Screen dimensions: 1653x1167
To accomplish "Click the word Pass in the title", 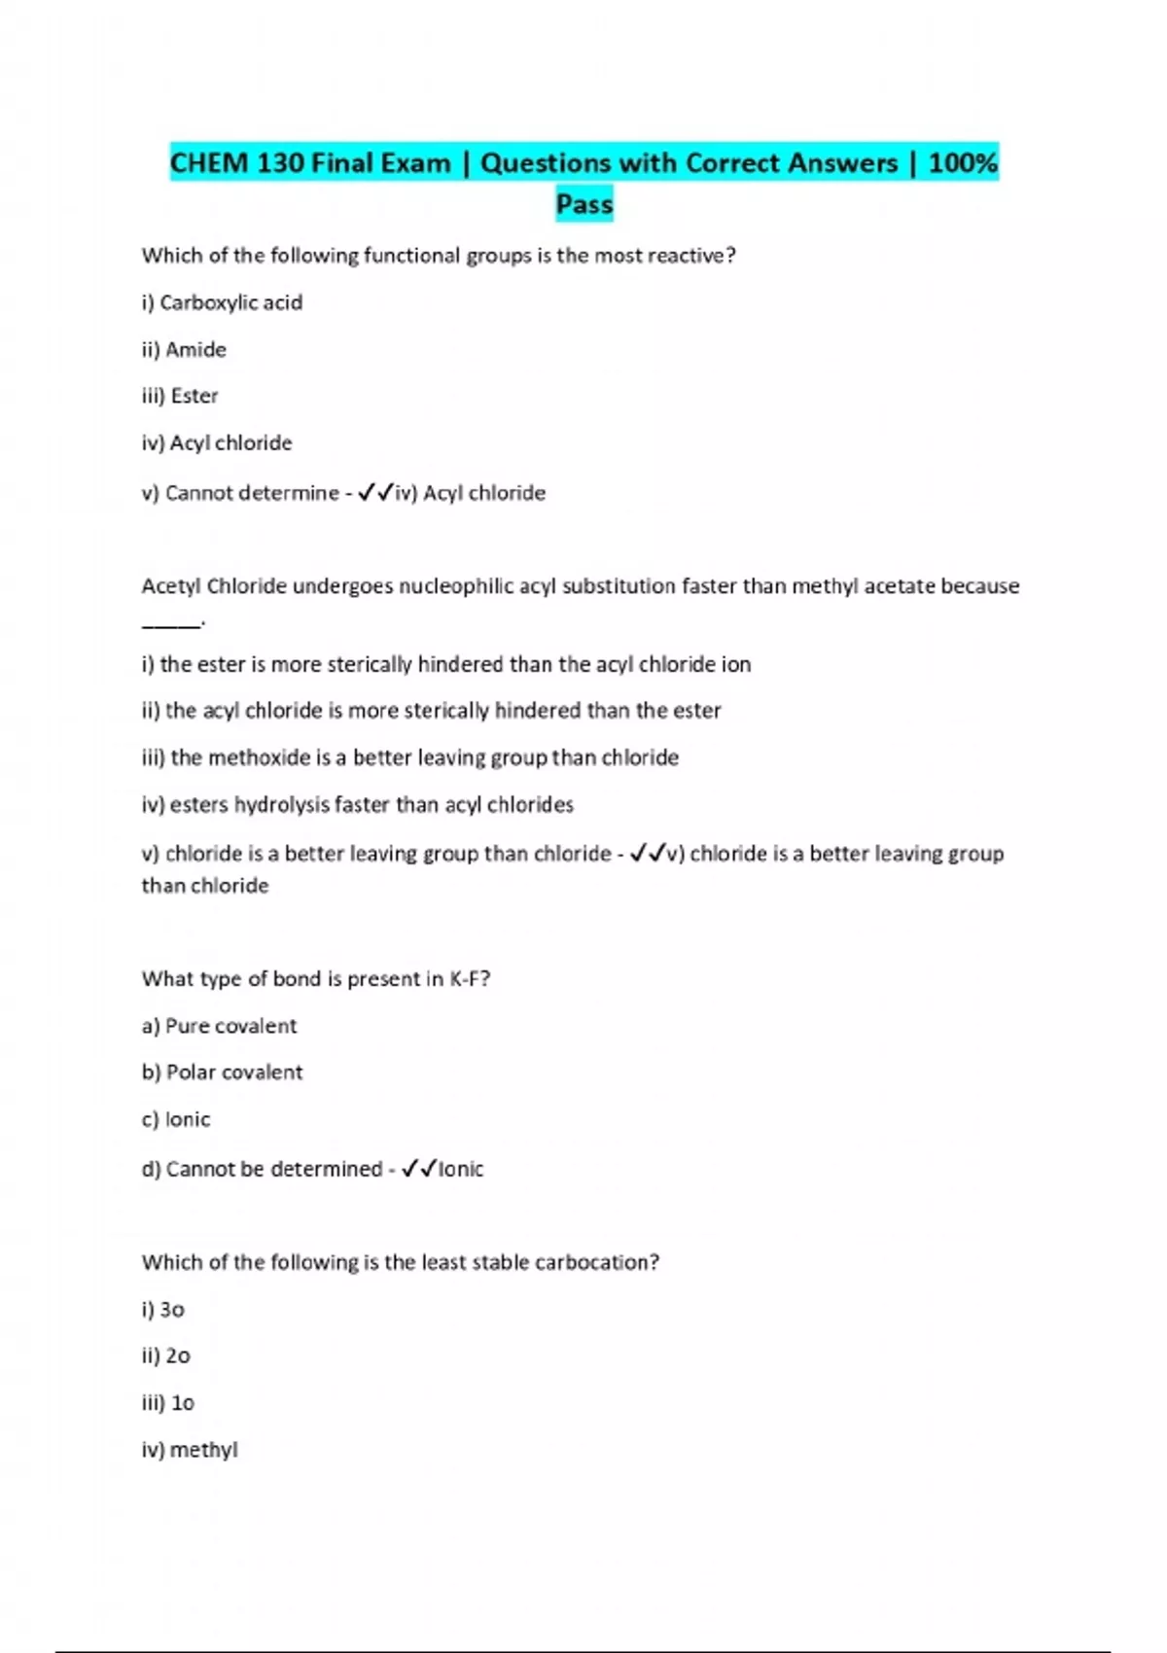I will [584, 204].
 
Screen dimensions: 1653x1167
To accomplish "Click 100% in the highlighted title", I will [963, 162].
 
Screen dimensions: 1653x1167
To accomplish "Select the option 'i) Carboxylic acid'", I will [222, 302].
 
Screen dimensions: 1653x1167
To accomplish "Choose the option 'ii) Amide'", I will [184, 349].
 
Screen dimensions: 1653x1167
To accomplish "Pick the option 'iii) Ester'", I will [180, 396].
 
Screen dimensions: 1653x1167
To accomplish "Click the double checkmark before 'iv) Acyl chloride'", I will [374, 493].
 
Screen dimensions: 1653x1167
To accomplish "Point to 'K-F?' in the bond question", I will [470, 979].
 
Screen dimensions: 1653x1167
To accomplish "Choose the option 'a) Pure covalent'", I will [219, 1026].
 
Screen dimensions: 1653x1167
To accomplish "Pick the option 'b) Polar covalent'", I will [222, 1073].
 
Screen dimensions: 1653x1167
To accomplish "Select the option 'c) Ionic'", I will [175, 1119].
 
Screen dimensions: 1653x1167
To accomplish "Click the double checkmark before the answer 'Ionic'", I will [418, 1169].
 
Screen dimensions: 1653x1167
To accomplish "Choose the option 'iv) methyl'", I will [190, 1450].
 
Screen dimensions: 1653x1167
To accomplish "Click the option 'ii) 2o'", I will [165, 1355].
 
